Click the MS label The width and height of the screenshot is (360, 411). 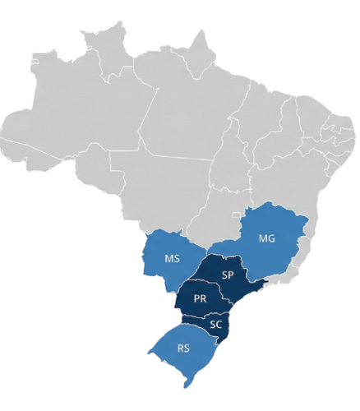click(172, 259)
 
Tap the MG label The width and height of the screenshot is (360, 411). click(267, 238)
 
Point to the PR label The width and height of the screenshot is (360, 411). click(200, 299)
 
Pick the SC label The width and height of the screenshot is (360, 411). click(215, 324)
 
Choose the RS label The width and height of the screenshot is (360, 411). click(182, 349)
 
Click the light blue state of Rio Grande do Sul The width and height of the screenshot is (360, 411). click(177, 362)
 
